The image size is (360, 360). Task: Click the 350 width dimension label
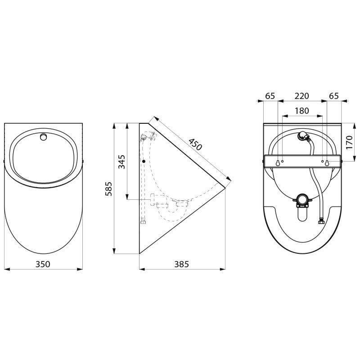tap(43, 264)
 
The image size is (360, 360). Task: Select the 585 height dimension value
tap(108, 189)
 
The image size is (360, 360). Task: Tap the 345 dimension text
tap(122, 161)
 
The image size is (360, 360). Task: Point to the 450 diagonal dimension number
tap(194, 144)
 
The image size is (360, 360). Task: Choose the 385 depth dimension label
tap(181, 264)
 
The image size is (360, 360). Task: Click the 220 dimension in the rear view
tap(301, 96)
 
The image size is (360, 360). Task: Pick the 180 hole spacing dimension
tap(301, 111)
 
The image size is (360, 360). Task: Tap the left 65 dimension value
tap(270, 96)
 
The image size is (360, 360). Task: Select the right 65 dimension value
tap(334, 96)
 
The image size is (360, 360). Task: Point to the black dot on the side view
tap(143, 161)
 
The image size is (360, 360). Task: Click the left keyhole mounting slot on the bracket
tap(278, 162)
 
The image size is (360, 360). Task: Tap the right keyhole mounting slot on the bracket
tap(327, 162)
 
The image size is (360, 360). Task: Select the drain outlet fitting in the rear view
tap(302, 200)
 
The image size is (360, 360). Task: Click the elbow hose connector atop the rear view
tap(303, 135)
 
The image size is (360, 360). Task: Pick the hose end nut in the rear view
tap(321, 221)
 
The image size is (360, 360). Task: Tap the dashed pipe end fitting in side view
tap(143, 221)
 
